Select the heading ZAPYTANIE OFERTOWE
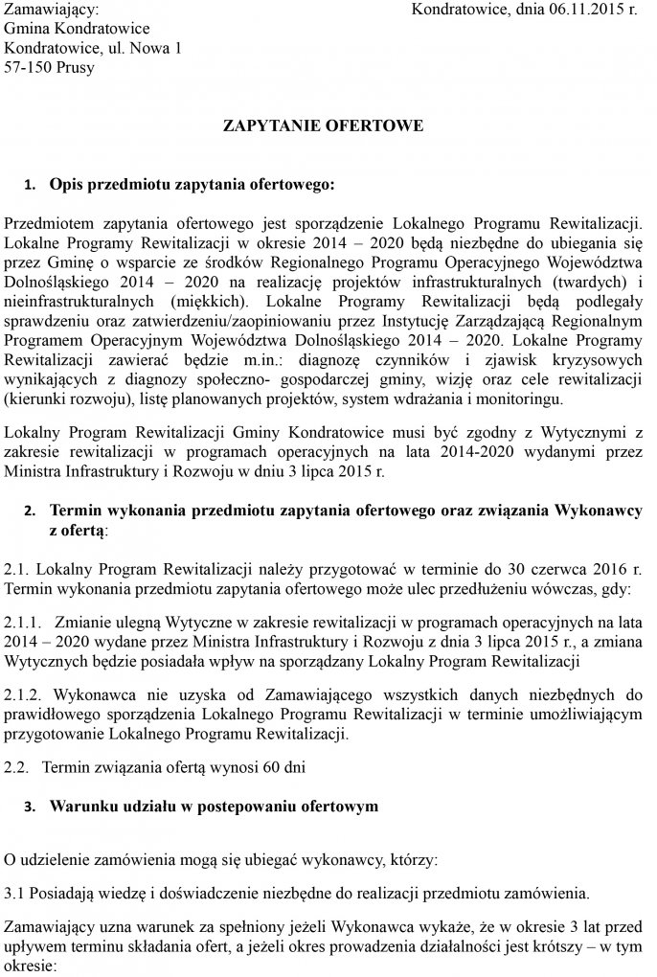[323, 126]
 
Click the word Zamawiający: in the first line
[51, 11]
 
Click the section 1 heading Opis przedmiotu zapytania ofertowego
[193, 182]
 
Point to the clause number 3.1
[14, 894]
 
